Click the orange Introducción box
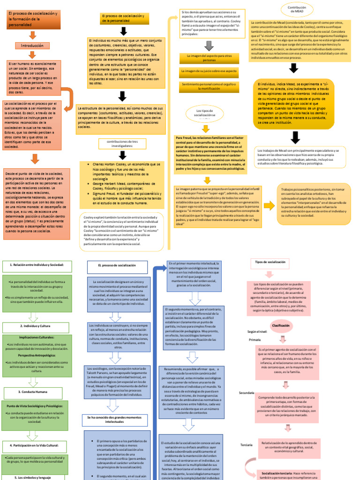click(32, 46)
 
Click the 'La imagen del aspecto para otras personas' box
click(210, 58)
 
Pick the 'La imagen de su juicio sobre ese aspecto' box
click(210, 72)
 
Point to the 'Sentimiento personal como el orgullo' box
click(210, 86)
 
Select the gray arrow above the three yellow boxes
click(209, 45)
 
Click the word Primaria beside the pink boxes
click(255, 339)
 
